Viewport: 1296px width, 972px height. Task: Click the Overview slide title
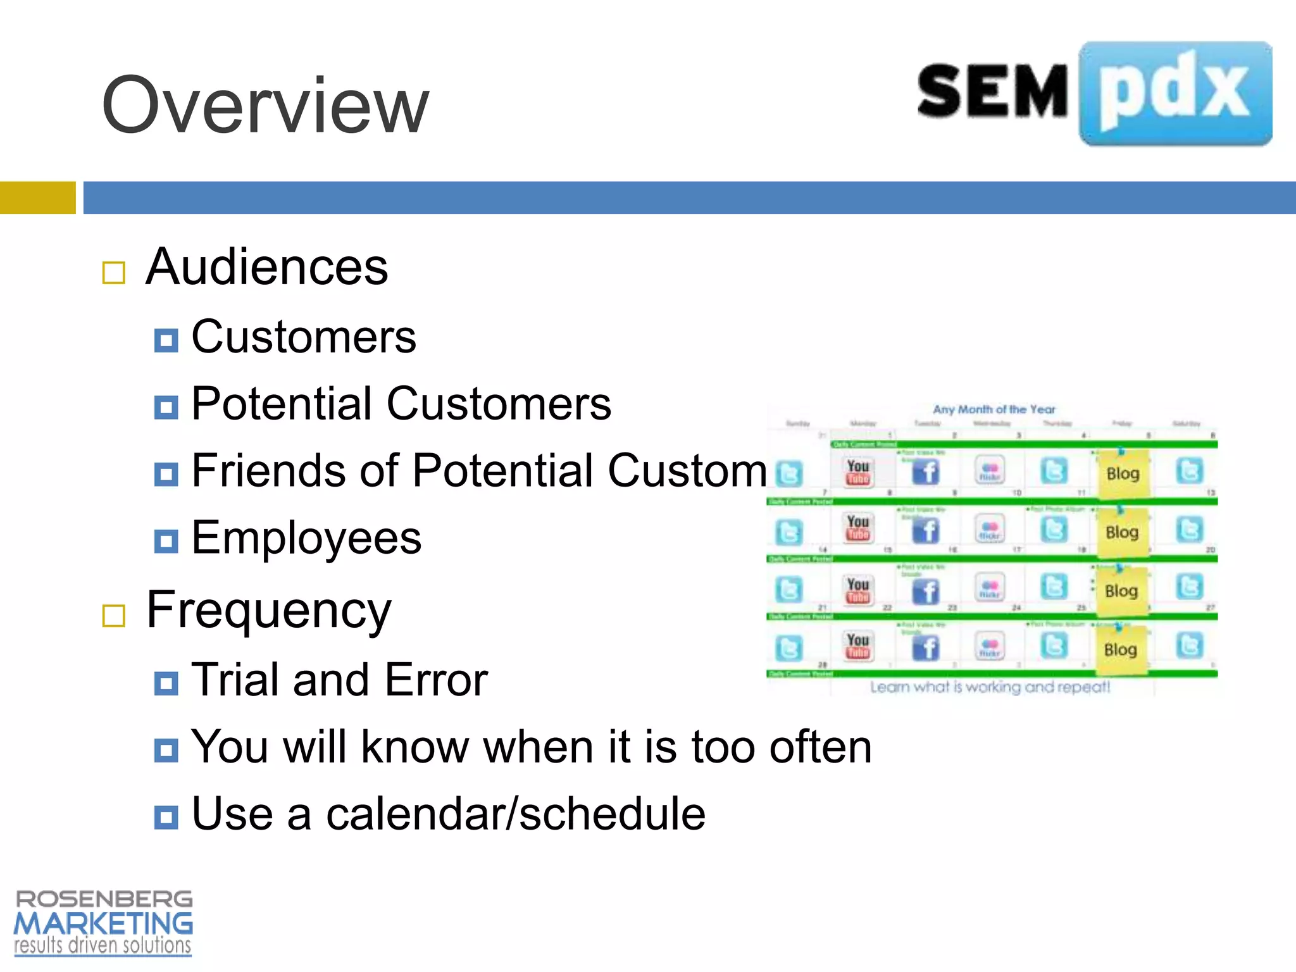coord(266,106)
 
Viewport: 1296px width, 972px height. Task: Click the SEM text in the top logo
coord(992,92)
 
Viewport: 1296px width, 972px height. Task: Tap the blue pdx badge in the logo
coord(1176,94)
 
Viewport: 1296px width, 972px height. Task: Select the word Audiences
coord(266,267)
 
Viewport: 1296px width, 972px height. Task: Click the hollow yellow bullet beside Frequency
coord(114,615)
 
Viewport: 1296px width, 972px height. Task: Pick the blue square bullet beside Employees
coord(166,542)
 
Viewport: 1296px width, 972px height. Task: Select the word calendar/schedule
coord(515,814)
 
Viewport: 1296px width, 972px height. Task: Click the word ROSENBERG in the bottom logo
coord(104,899)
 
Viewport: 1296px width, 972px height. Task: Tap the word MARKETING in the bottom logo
coord(103,924)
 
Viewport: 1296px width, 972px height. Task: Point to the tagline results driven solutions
coord(103,946)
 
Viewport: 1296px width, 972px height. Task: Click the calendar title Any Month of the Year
coord(994,409)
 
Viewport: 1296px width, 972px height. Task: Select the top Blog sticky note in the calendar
coord(1123,474)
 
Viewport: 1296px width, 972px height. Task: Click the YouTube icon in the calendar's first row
coord(858,472)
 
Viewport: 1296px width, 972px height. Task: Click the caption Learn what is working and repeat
coord(990,687)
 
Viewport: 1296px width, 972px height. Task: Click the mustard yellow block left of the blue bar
coord(37,197)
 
